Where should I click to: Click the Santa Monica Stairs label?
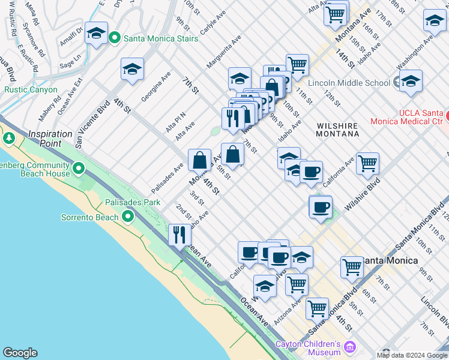pos(160,38)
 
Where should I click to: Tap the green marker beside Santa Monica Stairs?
pos(115,38)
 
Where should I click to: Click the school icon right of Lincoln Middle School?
pos(411,82)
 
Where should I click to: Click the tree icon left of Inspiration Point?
pos(9,139)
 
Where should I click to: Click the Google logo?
pos(20,352)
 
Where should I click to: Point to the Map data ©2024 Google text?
pos(411,355)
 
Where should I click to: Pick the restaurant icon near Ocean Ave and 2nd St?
pos(179,235)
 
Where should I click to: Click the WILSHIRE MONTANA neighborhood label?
pos(338,130)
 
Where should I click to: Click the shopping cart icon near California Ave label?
pos(367,163)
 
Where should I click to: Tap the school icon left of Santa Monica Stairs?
pos(96,34)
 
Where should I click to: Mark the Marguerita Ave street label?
pos(223,50)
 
